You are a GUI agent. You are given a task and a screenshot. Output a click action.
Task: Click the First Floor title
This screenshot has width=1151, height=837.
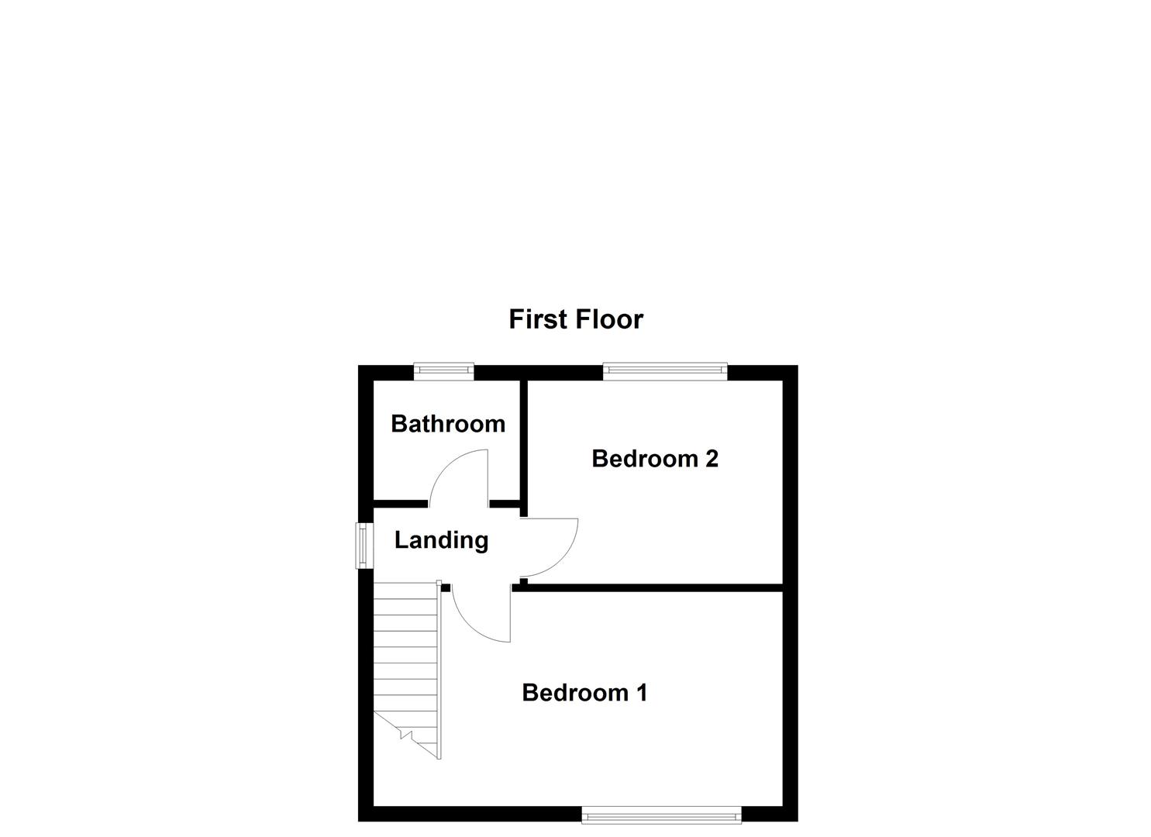coord(575,319)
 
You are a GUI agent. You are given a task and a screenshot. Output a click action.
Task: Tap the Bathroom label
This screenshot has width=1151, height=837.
coord(447,424)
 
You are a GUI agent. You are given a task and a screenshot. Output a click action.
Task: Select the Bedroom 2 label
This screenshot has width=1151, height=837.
coord(654,459)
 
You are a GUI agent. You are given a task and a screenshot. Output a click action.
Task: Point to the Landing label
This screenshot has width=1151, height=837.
coord(441,540)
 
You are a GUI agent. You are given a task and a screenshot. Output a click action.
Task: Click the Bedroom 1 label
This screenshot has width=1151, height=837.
coord(584,692)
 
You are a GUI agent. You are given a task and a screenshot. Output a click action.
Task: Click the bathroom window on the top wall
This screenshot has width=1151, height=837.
coord(443,371)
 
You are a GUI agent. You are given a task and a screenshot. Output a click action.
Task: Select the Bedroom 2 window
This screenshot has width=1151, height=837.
coord(665,371)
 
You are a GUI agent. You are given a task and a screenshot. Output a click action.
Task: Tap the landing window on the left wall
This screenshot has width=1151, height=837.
coord(362,546)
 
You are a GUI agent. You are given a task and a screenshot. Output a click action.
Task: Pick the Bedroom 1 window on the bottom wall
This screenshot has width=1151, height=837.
coord(661,815)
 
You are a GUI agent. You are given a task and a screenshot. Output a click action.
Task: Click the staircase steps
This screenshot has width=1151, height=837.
coord(405,651)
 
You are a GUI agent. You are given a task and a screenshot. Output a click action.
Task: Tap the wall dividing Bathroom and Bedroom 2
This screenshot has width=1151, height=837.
coord(523,446)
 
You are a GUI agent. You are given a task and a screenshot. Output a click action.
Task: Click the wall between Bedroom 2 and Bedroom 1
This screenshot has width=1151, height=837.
coord(651,588)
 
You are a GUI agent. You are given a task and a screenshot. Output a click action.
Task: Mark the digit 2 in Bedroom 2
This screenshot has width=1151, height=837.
coord(711,459)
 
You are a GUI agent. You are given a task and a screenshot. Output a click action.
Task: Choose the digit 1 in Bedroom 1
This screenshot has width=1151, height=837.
coord(641,692)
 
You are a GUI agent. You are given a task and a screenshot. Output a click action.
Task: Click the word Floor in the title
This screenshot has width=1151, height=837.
coord(608,319)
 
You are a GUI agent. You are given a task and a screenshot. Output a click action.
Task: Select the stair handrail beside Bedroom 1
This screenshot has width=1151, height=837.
coord(439,670)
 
